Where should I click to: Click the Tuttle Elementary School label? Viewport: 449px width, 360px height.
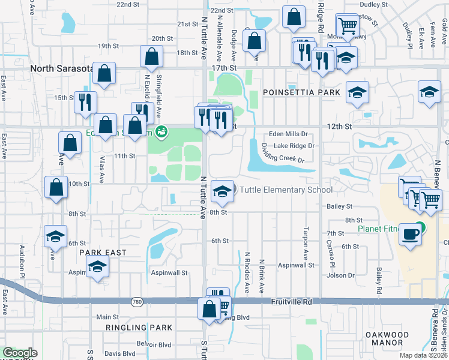pos(286,190)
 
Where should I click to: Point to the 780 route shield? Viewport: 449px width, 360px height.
pos(139,302)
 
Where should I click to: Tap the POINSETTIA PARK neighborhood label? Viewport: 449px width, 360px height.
pos(301,92)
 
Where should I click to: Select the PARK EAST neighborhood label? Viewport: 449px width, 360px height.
pos(103,253)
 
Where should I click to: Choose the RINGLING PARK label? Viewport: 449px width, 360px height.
pos(139,328)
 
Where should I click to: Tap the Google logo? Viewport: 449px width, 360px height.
pos(20,353)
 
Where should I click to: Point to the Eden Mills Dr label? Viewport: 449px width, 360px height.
pos(288,134)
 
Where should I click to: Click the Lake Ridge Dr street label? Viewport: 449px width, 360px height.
pos(294,146)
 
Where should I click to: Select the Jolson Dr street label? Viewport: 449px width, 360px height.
pos(341,275)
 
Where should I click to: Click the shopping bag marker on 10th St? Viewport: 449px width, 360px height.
pos(56,187)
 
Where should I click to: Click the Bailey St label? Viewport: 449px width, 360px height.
pos(340,206)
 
